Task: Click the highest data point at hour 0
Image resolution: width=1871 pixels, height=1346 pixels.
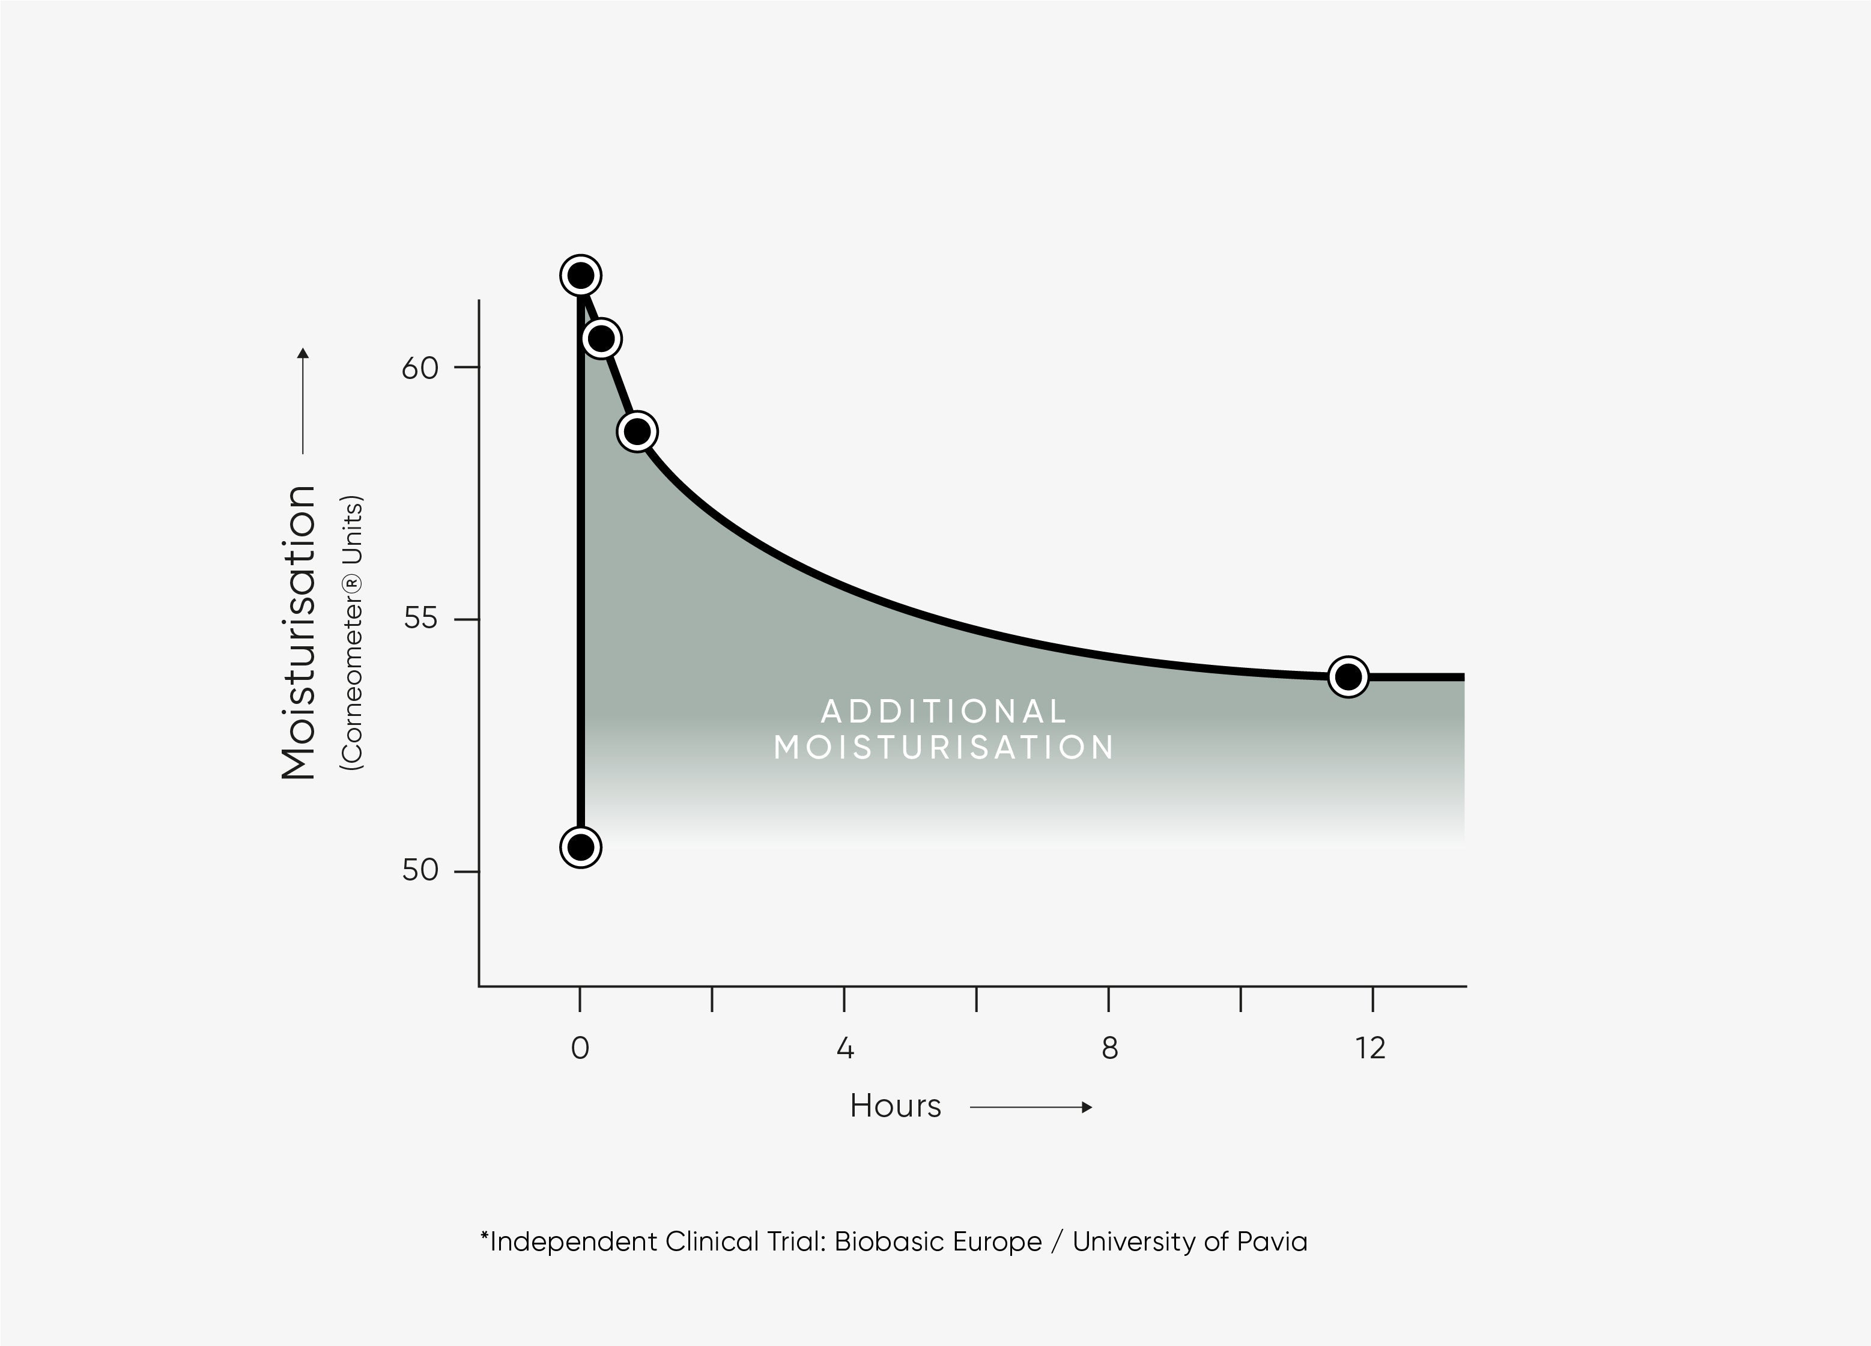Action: (581, 276)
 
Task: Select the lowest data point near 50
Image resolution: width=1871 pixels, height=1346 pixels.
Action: (581, 847)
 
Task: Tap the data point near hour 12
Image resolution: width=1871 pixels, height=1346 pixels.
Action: (1348, 677)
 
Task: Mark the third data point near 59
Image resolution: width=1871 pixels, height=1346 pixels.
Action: (637, 431)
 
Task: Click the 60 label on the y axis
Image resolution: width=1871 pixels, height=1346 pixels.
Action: (420, 368)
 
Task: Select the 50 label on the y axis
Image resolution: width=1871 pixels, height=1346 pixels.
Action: (420, 870)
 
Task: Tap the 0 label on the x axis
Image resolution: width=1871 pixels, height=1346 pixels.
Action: (580, 1048)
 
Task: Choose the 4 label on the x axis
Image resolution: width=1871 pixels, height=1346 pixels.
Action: (845, 1048)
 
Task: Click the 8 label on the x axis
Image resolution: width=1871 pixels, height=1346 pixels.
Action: (1109, 1048)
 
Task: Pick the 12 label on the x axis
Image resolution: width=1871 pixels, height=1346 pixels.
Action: (1370, 1048)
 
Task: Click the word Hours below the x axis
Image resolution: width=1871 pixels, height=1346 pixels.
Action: (895, 1106)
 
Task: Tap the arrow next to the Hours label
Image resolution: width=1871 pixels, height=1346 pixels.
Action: (1031, 1107)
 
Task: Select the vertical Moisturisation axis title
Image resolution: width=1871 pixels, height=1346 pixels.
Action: (299, 632)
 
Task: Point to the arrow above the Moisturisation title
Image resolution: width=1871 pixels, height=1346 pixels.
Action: (303, 401)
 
